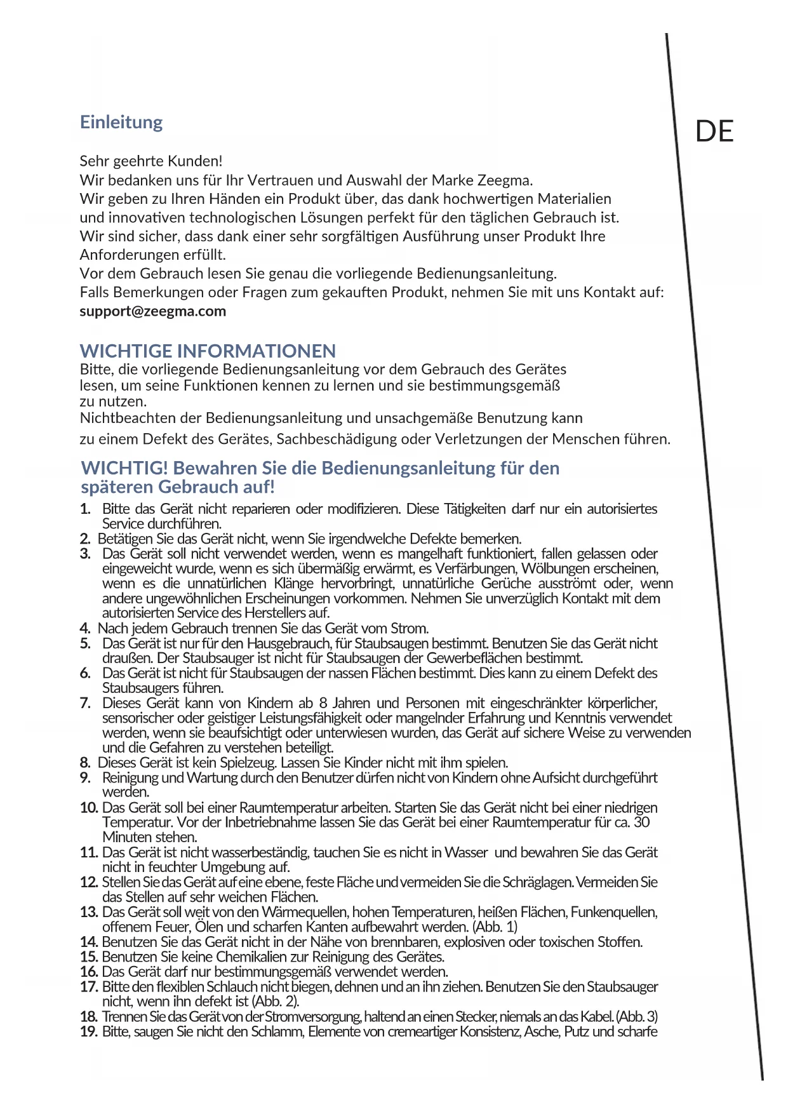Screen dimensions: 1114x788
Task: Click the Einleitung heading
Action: (x=121, y=122)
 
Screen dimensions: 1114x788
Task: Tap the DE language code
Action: (x=714, y=131)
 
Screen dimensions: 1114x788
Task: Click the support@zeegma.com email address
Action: (x=153, y=311)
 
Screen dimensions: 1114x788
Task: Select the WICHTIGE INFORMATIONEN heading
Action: (x=208, y=351)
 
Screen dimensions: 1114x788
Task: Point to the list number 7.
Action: (x=85, y=703)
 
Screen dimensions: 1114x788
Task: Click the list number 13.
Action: (x=89, y=912)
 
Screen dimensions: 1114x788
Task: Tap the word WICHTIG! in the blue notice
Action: (x=124, y=468)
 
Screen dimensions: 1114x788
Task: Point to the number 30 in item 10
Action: (x=642, y=822)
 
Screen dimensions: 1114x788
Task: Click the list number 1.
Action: (x=85, y=509)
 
